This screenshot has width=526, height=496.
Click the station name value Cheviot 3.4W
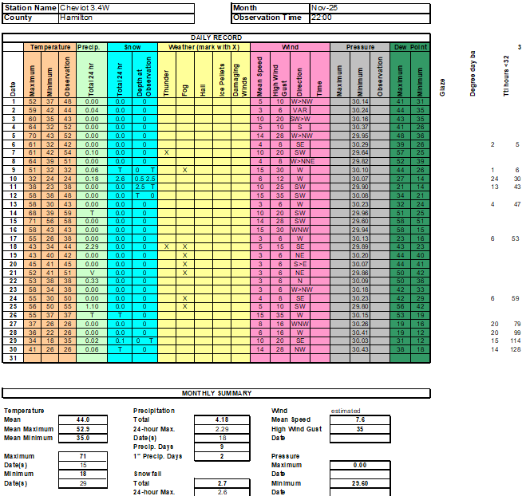point(80,7)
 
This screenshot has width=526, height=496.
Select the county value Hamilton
point(75,17)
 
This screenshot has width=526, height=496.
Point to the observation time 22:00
point(322,17)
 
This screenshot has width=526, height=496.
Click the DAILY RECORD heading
point(216,37)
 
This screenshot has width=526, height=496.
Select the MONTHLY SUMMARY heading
point(216,393)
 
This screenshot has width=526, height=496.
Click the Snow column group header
point(132,47)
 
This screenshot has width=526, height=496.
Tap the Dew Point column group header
point(410,47)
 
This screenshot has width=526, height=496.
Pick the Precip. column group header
point(88,47)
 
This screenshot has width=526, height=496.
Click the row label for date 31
point(13,358)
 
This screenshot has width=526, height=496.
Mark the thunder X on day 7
point(166,152)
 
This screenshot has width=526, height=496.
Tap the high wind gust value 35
point(359,428)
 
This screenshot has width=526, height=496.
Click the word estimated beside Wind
point(346,411)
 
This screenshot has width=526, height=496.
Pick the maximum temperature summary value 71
point(83,455)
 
